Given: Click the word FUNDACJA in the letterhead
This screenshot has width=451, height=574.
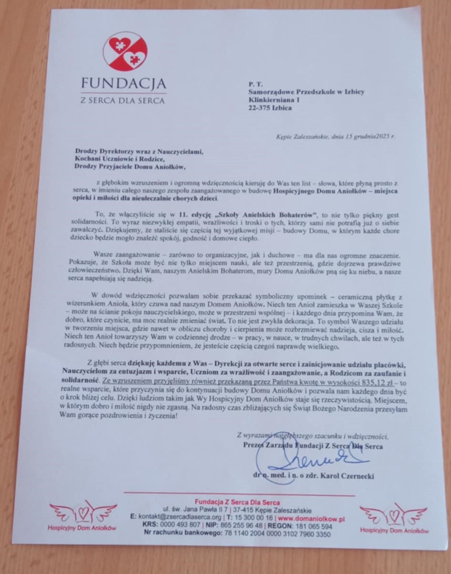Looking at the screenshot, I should [x=124, y=84].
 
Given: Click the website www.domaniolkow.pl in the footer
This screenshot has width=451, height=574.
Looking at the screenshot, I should [x=311, y=519].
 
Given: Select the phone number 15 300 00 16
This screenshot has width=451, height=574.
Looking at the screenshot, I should [x=256, y=519].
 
